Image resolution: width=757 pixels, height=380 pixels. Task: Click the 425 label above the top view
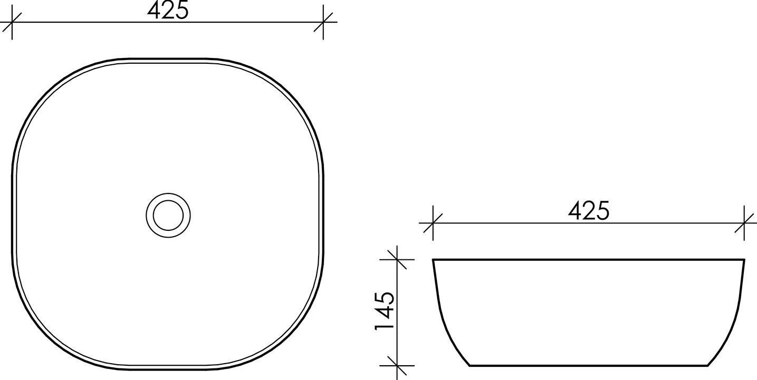coord(168,11)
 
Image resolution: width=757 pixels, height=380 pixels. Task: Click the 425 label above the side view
coord(589,211)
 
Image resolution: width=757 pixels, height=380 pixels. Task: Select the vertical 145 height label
coord(385,311)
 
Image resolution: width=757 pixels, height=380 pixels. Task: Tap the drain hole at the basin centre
coord(168,215)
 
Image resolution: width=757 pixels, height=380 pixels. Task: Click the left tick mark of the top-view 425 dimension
coord(12,22)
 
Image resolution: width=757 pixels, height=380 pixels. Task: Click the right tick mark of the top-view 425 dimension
coord(323,22)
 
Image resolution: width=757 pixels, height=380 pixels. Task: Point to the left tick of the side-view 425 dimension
coord(433,223)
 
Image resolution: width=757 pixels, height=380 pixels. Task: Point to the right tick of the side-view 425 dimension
coord(744,223)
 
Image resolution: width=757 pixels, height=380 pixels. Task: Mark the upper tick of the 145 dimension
coord(397,259)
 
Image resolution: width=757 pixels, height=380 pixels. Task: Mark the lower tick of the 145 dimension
coord(397,365)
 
